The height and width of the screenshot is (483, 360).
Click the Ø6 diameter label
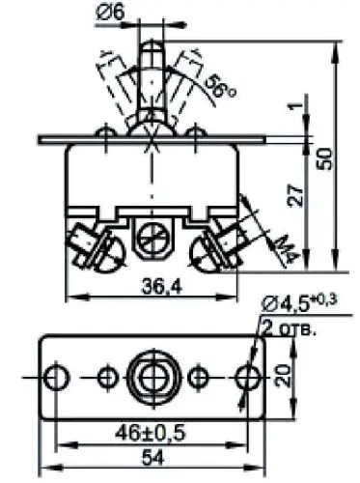(x=110, y=12)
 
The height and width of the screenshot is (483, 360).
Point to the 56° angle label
(x=220, y=87)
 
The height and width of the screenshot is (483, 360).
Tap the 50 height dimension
(x=323, y=158)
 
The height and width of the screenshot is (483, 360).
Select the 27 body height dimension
(x=296, y=195)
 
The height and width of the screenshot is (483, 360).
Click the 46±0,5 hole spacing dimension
(x=151, y=434)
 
